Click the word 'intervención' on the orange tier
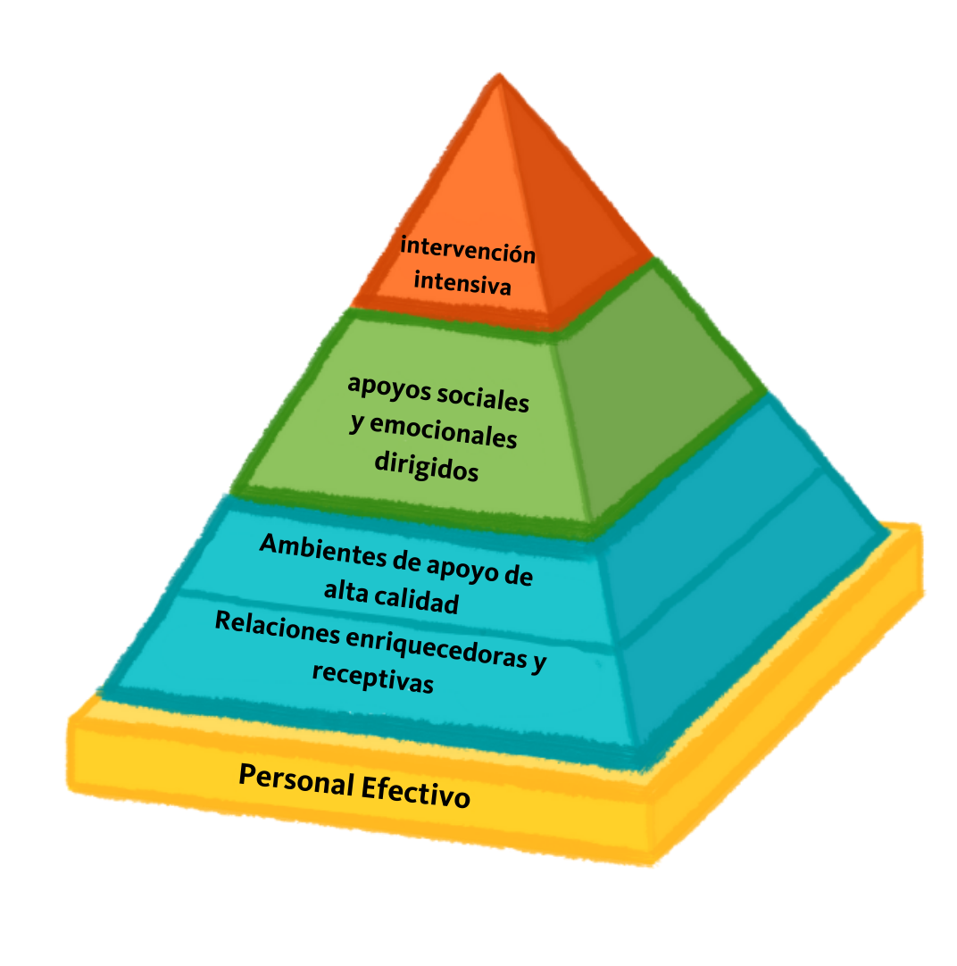467,251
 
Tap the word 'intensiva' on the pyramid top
462,285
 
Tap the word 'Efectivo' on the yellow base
415,792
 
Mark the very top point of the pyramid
497,76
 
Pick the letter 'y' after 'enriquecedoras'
538,663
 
